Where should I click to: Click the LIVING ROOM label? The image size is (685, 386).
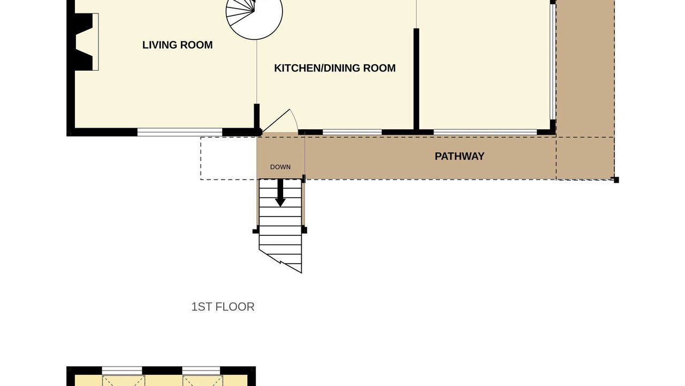pos(177,45)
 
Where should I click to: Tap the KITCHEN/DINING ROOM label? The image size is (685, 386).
pos(335,68)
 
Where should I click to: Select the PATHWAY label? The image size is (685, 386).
pos(460,156)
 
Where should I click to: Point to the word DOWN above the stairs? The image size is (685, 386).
pos(280,167)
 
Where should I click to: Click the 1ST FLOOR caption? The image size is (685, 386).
pos(223,307)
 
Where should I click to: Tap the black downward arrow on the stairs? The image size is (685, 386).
pos(280,193)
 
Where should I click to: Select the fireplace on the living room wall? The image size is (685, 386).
pos(84,42)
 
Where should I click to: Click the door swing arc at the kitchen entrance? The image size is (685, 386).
pos(294,120)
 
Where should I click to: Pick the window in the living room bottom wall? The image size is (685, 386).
pos(180,132)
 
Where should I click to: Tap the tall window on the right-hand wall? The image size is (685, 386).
pos(553,62)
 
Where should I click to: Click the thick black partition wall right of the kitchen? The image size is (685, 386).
pos(416,80)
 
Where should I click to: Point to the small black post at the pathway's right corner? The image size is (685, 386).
pos(616,180)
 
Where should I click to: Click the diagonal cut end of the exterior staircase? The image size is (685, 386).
pos(280,261)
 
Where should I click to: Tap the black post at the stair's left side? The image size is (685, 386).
pos(256,231)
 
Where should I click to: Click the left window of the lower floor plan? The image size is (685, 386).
pos(122,370)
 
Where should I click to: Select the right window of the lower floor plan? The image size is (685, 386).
pos(201,370)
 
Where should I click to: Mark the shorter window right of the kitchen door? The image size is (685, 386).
pos(352,132)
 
